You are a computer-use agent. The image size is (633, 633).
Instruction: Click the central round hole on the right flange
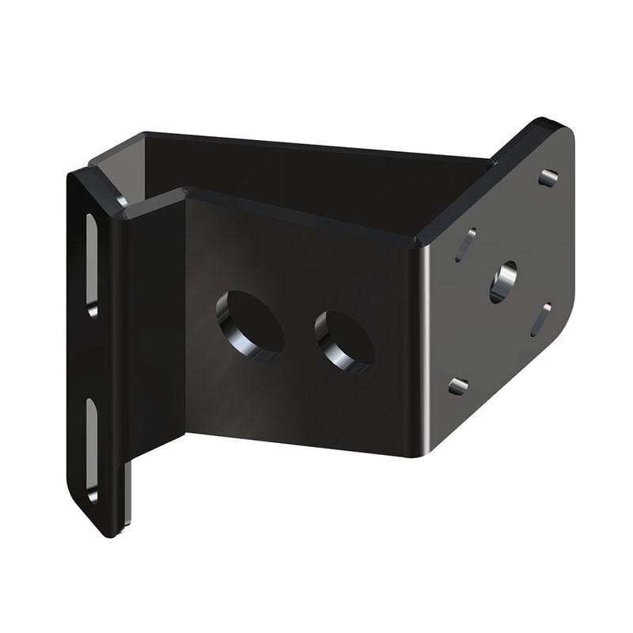502,282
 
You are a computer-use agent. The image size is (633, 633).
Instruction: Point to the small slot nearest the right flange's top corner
548,178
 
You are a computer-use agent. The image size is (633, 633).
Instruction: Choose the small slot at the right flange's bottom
458,386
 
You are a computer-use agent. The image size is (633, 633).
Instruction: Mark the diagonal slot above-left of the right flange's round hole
466,244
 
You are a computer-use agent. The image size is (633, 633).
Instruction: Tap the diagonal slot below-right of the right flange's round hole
541,319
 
